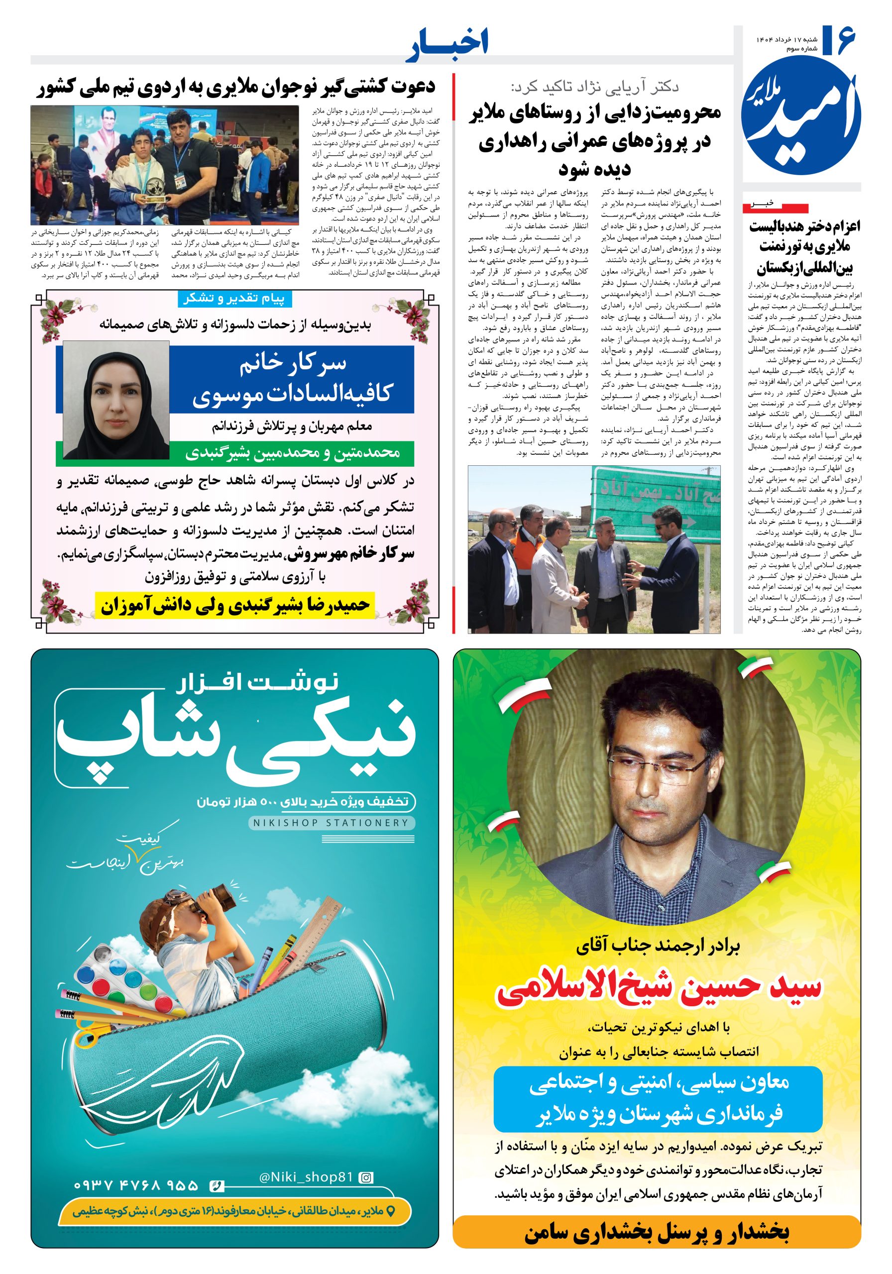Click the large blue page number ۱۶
pyautogui.click(x=839, y=41)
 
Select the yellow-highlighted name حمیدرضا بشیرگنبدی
pyautogui.click(x=235, y=605)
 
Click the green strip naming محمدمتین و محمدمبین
pyautogui.click(x=293, y=453)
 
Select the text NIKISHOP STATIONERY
pyautogui.click(x=331, y=822)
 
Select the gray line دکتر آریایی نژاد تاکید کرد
pyautogui.click(x=594, y=87)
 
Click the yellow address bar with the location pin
pyautogui.click(x=234, y=1211)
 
